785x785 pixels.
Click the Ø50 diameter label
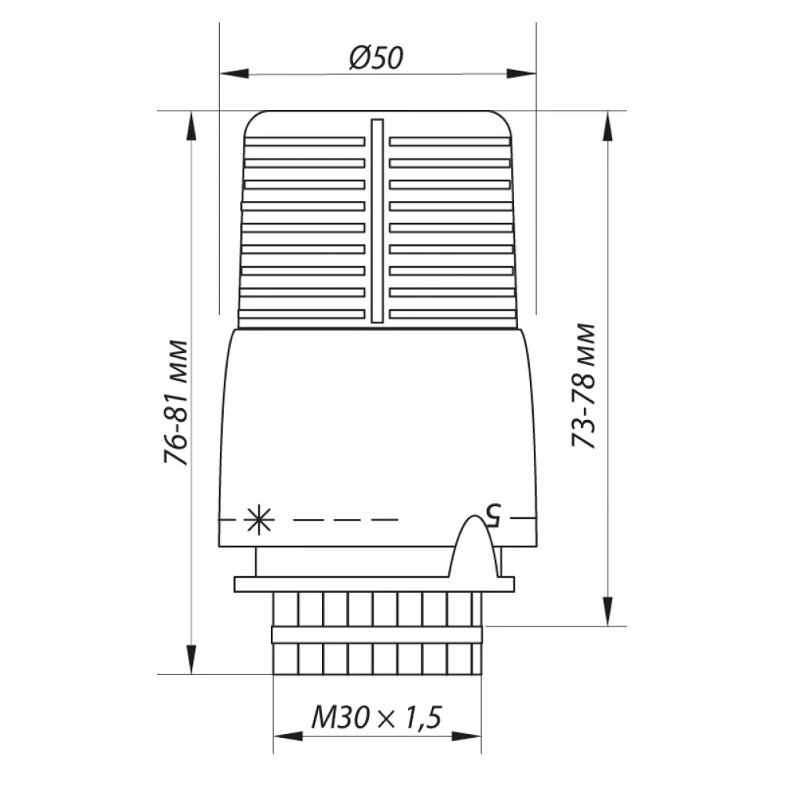[376, 57]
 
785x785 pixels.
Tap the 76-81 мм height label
[176, 403]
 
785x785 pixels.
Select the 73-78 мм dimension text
[584, 385]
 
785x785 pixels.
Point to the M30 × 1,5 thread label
[377, 717]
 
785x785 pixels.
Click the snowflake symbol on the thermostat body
[259, 520]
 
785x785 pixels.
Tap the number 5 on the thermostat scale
[492, 515]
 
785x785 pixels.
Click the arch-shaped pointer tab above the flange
[474, 546]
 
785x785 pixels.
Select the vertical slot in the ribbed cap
[377, 221]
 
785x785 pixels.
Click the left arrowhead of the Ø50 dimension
[234, 74]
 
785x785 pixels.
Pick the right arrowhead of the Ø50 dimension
[521, 74]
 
